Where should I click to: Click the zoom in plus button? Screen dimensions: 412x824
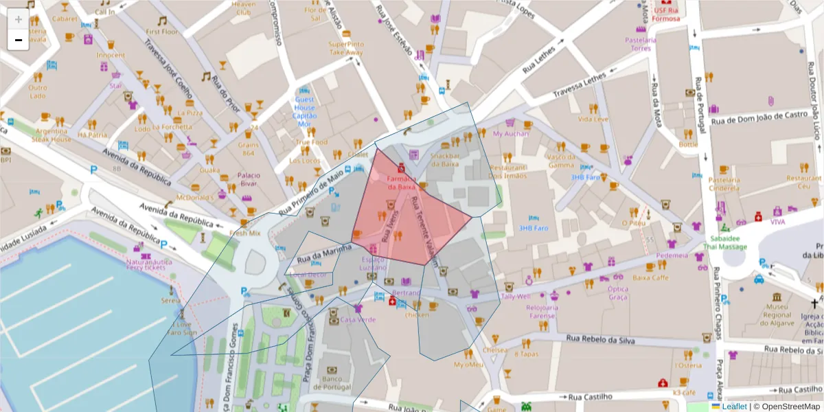[x=18, y=19]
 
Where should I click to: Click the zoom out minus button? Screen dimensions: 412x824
[x=18, y=40]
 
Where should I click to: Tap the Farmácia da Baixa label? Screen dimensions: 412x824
[x=401, y=182]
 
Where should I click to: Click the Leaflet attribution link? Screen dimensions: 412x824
[x=734, y=407]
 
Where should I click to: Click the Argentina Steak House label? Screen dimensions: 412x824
[x=52, y=135]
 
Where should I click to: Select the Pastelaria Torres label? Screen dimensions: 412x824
[x=640, y=44]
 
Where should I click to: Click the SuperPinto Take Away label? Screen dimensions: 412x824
[x=346, y=48]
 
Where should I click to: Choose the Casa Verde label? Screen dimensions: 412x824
[x=358, y=319]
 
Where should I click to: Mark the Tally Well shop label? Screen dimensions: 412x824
[x=515, y=297]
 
